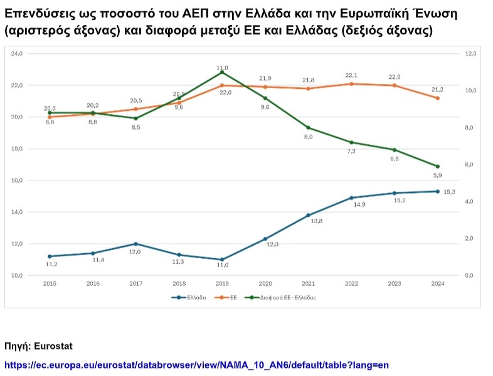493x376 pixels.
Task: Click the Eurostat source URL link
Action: point(201,365)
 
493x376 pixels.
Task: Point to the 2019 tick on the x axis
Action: point(221,284)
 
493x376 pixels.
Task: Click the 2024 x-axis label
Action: point(437,284)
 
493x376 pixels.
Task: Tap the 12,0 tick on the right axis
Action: point(470,54)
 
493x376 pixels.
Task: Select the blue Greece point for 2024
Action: point(437,191)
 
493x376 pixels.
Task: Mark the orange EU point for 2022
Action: point(351,83)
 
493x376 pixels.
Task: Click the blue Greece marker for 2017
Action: point(135,244)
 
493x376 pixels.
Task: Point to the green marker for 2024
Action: point(437,166)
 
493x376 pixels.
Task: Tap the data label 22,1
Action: point(351,75)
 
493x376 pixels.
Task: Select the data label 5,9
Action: point(437,175)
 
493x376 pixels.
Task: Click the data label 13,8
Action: point(309,221)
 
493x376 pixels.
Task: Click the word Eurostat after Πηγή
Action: point(57,346)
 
